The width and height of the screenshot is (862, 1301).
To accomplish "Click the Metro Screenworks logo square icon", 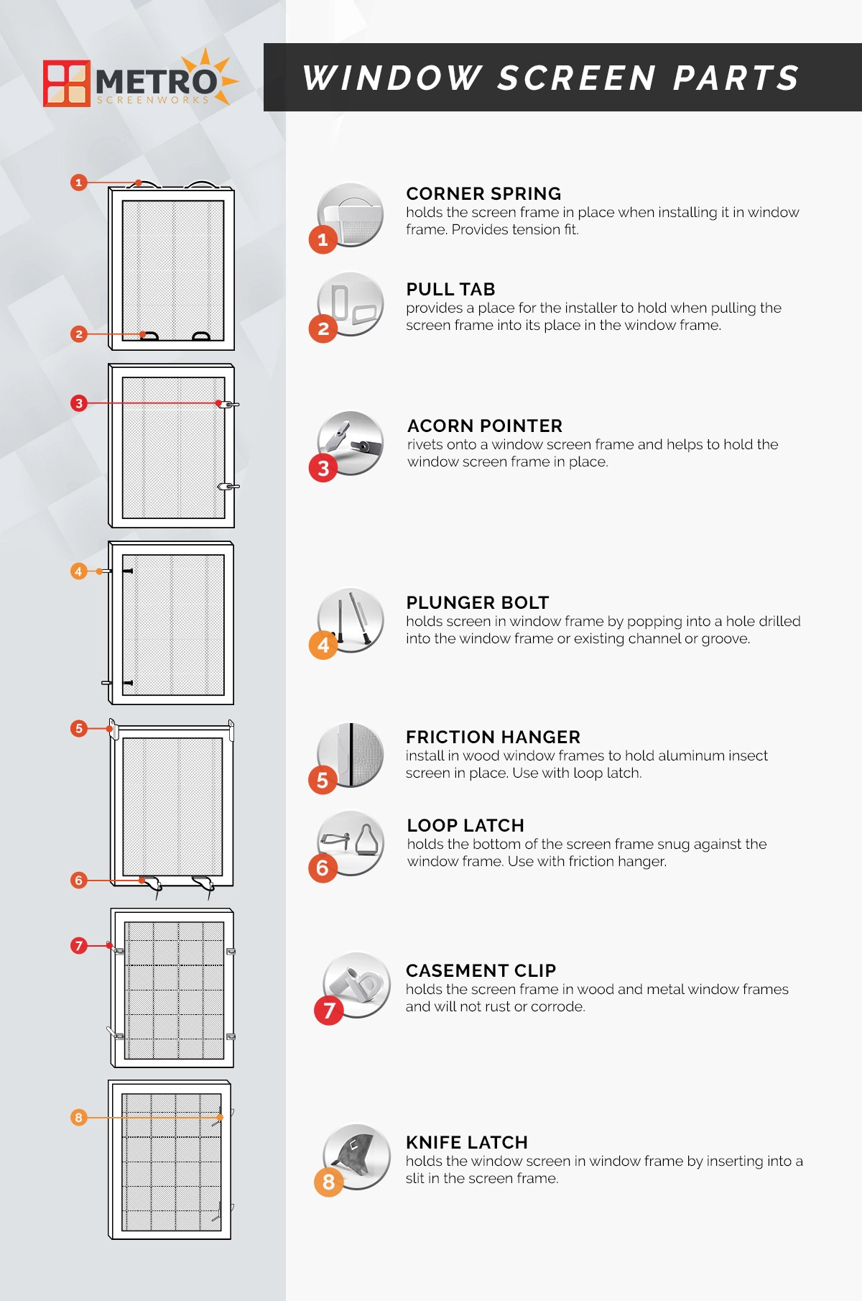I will point(67,83).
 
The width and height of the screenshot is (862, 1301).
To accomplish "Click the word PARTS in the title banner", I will point(736,78).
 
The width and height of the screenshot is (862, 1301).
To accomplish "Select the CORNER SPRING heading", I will point(483,193).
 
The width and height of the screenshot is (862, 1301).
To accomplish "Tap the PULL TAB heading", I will point(450,289).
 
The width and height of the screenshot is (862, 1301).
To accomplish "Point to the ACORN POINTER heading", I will point(485,426).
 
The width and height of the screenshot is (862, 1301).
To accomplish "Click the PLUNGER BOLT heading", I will point(477,602).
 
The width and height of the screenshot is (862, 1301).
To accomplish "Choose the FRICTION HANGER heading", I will point(493,737).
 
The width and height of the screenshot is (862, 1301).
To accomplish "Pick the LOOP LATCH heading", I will point(465,825).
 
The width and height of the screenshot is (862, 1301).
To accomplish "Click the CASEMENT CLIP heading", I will point(481,970).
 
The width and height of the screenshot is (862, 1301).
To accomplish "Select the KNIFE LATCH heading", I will point(466,1142).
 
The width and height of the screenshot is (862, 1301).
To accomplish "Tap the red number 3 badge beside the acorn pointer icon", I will point(323,469).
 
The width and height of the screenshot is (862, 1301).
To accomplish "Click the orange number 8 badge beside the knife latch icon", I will point(328,1182).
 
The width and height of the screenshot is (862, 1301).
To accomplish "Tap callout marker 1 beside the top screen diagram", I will point(79,183).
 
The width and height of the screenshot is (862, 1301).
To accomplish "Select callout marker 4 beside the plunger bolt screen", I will point(79,571).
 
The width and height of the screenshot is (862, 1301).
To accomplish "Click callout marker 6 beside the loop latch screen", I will point(79,881).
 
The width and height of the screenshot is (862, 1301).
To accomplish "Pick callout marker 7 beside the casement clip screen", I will point(79,946).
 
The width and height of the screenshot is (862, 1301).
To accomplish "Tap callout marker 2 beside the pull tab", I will point(79,334).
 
